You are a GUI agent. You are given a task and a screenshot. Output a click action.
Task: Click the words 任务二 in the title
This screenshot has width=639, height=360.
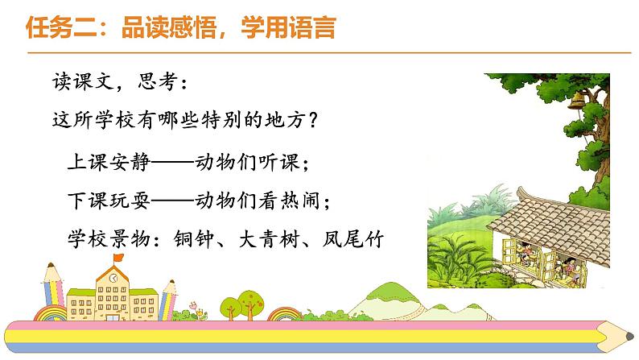click(61, 27)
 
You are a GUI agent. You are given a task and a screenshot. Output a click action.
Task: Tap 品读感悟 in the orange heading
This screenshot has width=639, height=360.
click(169, 27)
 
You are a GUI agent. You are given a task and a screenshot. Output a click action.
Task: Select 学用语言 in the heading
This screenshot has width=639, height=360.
click(288, 27)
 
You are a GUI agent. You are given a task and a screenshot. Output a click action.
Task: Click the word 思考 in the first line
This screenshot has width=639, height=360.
click(157, 81)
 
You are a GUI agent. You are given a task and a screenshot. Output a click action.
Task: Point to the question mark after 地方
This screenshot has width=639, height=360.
click(312, 120)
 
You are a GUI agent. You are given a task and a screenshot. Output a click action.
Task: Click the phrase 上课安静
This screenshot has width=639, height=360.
click(109, 162)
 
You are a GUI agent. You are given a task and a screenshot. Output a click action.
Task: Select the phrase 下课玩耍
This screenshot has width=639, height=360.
click(109, 201)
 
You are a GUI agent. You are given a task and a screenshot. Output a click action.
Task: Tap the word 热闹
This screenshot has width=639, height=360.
click(300, 201)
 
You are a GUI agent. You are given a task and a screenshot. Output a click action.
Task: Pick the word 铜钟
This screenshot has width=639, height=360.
click(193, 239)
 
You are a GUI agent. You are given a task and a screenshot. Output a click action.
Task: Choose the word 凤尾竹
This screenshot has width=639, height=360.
click(353, 239)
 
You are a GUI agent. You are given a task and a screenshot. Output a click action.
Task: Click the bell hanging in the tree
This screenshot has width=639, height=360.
click(576, 101)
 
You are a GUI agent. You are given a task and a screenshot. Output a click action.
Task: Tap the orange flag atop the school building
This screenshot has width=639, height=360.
click(118, 258)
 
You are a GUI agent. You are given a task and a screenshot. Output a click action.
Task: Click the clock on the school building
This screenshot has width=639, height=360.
click(113, 278)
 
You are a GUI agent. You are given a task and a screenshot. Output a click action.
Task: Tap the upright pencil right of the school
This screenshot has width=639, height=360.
click(167, 300)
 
